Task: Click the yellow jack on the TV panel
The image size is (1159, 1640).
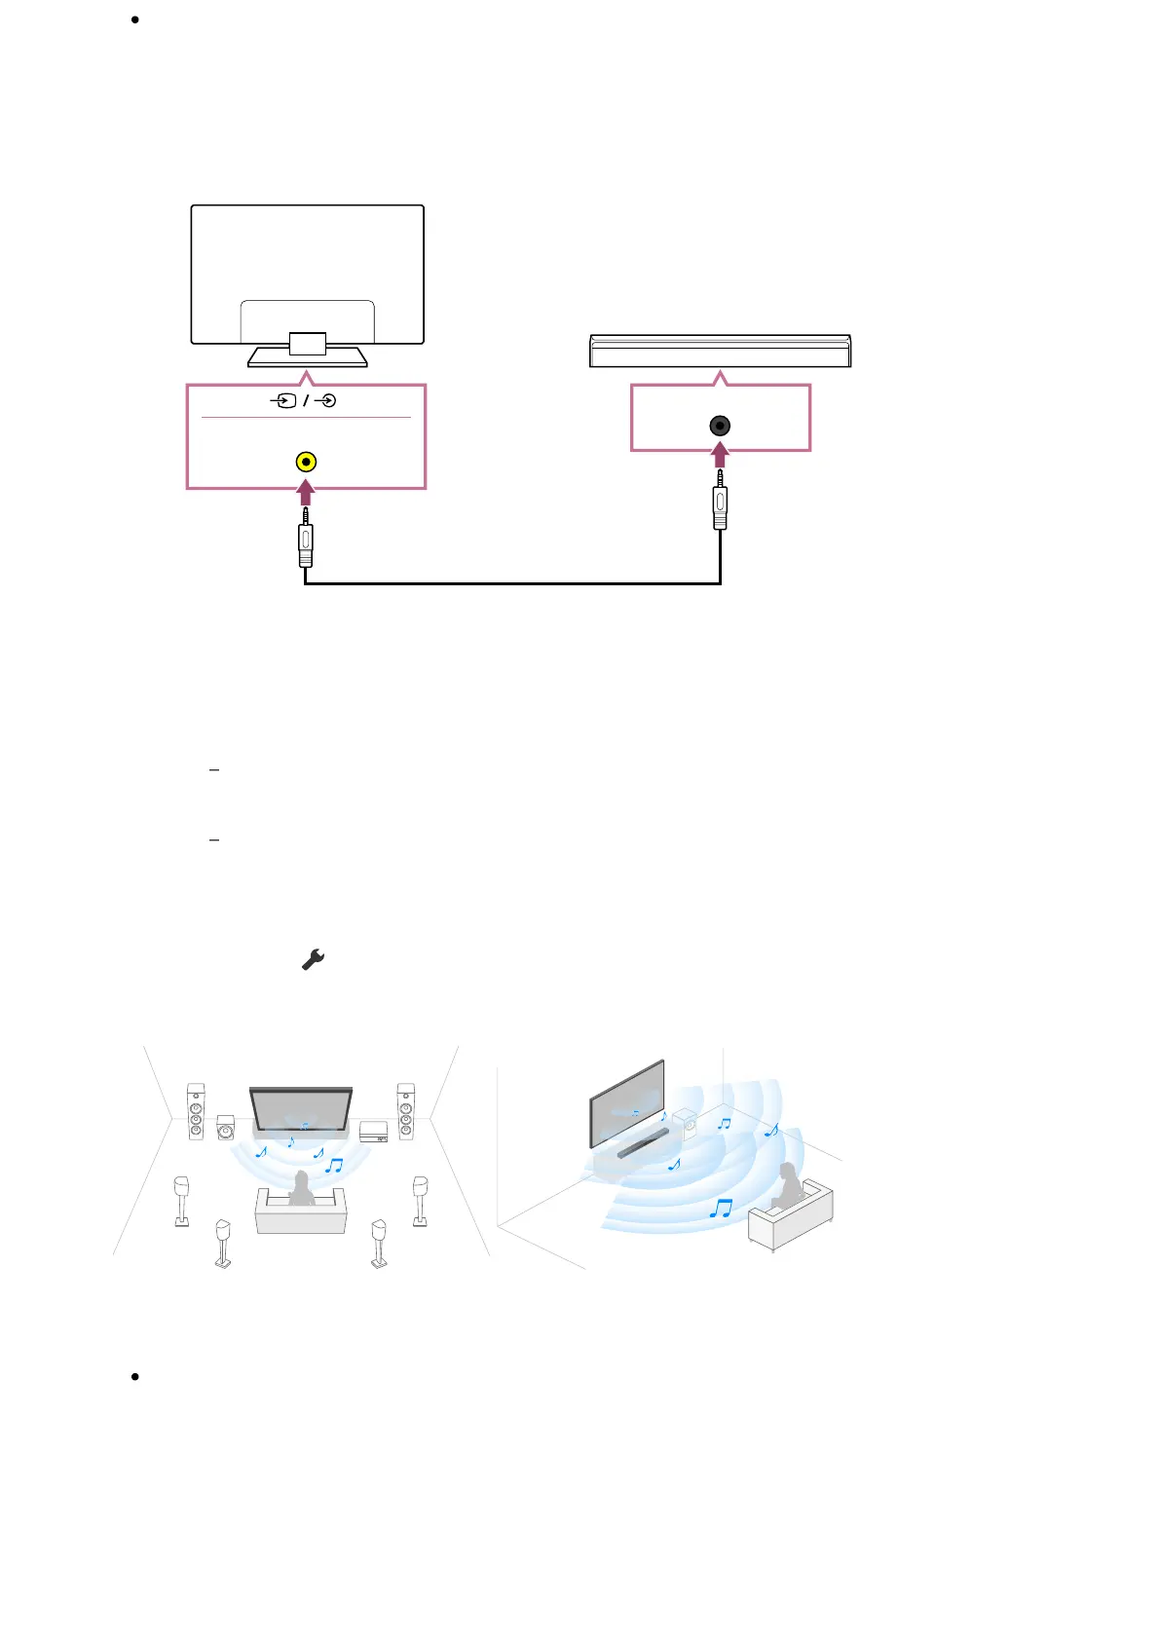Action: coord(306,463)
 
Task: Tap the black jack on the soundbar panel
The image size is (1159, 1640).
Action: coord(720,426)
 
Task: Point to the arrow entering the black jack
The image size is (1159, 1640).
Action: coord(720,455)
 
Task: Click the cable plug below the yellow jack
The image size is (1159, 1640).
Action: coord(306,540)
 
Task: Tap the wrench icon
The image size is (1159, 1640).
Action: coord(313,960)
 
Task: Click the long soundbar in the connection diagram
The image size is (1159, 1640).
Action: coord(721,351)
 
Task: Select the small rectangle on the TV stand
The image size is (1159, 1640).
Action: coord(308,343)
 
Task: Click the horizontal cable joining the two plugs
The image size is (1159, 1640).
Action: coord(513,583)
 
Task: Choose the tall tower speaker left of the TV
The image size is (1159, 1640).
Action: coord(196,1111)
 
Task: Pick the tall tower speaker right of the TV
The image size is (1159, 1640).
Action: coord(405,1111)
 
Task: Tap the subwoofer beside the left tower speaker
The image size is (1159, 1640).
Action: coord(225,1128)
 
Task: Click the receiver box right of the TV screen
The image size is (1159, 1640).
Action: coord(374,1132)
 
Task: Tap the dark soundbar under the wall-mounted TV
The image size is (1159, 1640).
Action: coord(643,1144)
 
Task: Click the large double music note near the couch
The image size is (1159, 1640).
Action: coord(721,1209)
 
